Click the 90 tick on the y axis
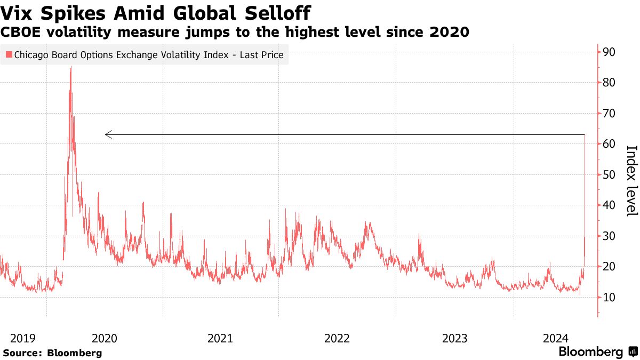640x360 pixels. point(610,52)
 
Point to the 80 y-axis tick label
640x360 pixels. point(610,83)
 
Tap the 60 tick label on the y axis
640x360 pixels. point(610,144)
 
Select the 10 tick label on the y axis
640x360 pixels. point(610,297)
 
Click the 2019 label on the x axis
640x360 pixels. point(23,338)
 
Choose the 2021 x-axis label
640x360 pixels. point(220,338)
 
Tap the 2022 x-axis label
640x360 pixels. point(337,338)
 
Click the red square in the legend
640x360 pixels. point(9,54)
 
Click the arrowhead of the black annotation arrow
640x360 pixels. point(107,135)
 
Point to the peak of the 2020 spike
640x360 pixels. point(71,67)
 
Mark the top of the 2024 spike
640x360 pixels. point(586,135)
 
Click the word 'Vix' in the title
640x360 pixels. point(15,12)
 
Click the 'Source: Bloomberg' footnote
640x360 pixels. point(52,353)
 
